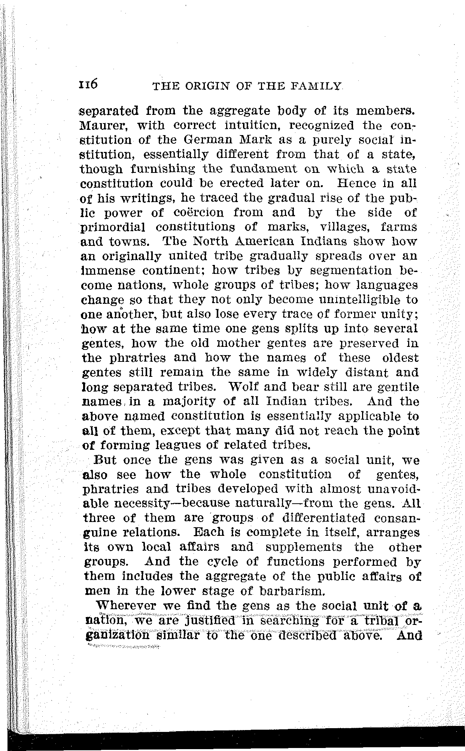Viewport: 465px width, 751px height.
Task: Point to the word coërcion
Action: click(199, 213)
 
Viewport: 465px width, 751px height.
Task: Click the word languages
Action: click(386, 285)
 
